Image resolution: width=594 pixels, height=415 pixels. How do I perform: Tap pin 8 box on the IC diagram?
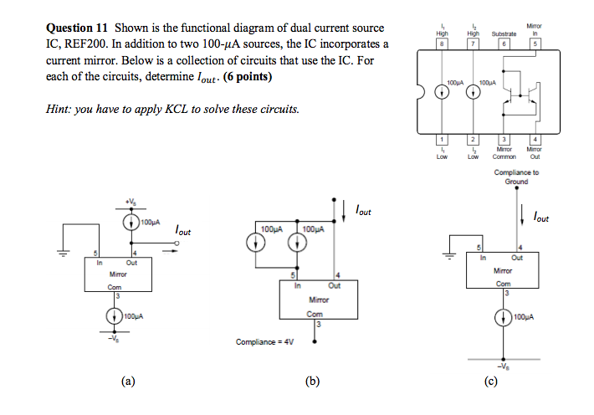(x=445, y=44)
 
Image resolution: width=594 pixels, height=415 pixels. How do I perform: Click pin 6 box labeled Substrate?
(x=504, y=44)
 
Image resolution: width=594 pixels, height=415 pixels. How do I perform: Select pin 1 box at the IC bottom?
(x=445, y=139)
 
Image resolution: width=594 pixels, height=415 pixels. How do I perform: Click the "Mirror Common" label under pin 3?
(x=504, y=153)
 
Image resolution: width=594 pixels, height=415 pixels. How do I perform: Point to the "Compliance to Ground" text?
(x=516, y=177)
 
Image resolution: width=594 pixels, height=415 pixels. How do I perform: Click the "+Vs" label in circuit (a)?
(x=131, y=204)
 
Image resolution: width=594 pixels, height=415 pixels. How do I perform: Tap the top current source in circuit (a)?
(x=131, y=223)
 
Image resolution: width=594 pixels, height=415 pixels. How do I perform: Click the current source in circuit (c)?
(x=503, y=318)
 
